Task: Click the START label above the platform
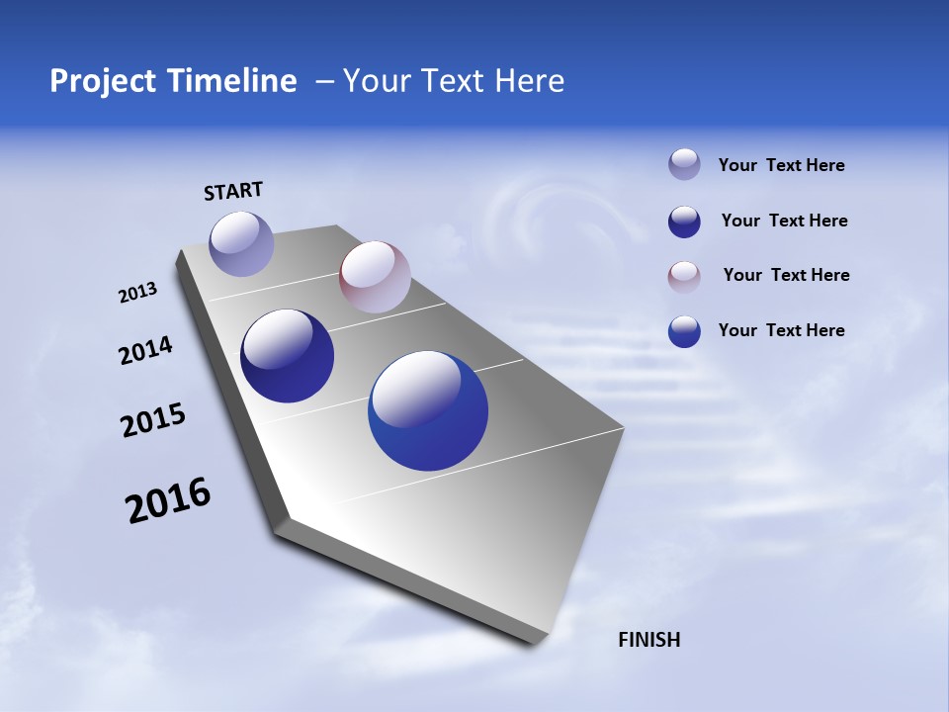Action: [x=233, y=191]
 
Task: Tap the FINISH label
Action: [x=648, y=640]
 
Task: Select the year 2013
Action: [x=138, y=293]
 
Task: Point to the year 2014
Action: [x=146, y=351]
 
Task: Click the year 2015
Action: [x=153, y=420]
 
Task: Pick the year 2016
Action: [x=168, y=500]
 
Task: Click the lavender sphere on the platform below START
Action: [x=242, y=243]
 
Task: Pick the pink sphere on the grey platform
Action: [x=375, y=277]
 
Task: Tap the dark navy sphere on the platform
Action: [x=287, y=356]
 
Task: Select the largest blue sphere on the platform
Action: [x=428, y=410]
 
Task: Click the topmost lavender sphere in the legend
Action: [x=684, y=164]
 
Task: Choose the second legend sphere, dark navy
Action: [x=684, y=222]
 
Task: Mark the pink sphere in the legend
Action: [x=684, y=277]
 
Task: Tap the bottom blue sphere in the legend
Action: [x=684, y=331]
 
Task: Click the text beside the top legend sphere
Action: [x=781, y=165]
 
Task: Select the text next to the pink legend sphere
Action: [x=786, y=275]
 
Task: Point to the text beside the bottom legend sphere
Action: [x=781, y=330]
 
